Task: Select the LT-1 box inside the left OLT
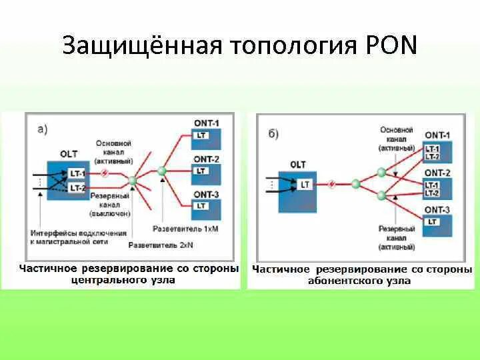(x=77, y=173)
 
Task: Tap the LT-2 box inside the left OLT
(x=77, y=188)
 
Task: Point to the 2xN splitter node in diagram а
(x=133, y=180)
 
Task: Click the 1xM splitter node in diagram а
(x=161, y=171)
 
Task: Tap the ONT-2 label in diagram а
(x=206, y=159)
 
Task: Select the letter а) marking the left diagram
(x=42, y=129)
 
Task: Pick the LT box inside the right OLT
(x=305, y=184)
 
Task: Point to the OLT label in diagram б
(x=298, y=165)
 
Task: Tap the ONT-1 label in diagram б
(x=437, y=135)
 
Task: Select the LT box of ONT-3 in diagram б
(x=433, y=221)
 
